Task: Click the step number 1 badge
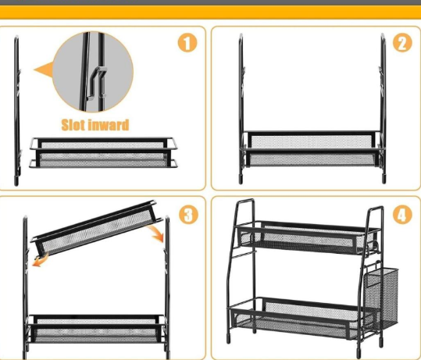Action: (x=187, y=43)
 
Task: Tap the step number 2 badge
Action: (x=402, y=43)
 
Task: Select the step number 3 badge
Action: (x=188, y=215)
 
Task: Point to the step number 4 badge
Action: (x=402, y=215)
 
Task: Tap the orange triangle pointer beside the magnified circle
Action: (x=44, y=70)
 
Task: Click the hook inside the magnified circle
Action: (x=96, y=83)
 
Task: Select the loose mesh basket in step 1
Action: (x=103, y=152)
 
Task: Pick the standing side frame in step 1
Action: (x=16, y=110)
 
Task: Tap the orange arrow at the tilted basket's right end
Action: (x=157, y=233)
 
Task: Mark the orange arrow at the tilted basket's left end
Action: (x=41, y=261)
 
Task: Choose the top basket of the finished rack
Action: (x=308, y=237)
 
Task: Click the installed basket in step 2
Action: (x=312, y=149)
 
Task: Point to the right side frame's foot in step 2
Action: (x=384, y=179)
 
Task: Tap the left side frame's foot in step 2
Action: (x=241, y=180)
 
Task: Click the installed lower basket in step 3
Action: (x=96, y=329)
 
